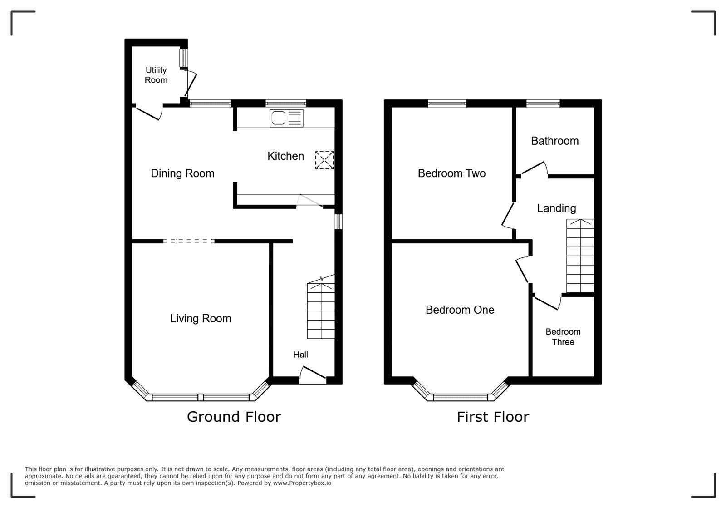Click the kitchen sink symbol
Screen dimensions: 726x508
[x=286, y=118]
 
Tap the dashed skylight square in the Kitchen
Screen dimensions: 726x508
[x=324, y=160]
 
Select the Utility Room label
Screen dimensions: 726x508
[x=156, y=75]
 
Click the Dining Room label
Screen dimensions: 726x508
[x=182, y=173]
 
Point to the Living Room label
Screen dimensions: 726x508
[x=201, y=318]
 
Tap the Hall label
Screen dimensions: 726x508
[x=300, y=355]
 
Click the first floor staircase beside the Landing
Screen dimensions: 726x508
[x=580, y=256]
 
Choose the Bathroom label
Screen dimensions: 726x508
[x=554, y=141]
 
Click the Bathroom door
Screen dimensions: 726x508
[x=535, y=169]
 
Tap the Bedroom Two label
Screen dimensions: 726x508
[x=451, y=173]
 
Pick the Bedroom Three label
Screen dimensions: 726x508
[x=563, y=336]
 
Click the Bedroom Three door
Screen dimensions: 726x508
[x=547, y=303]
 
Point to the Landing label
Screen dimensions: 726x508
[x=556, y=208]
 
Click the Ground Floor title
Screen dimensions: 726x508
[x=234, y=417]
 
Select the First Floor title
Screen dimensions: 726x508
[x=493, y=417]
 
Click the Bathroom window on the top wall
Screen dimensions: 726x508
[x=543, y=104]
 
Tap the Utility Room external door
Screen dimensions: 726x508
[x=191, y=83]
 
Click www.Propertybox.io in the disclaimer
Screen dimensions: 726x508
[x=302, y=483]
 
